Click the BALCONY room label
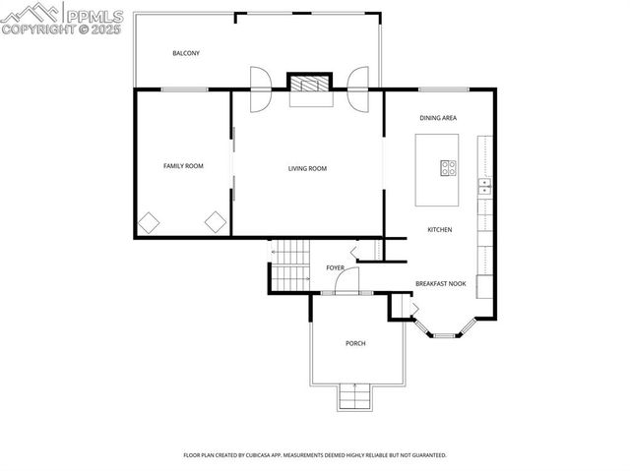click(x=186, y=53)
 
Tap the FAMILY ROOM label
click(x=183, y=166)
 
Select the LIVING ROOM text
click(x=307, y=168)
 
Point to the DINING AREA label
click(x=438, y=118)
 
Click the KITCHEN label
click(x=439, y=230)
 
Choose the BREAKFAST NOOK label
click(x=440, y=283)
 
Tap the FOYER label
click(x=335, y=267)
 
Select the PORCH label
click(x=355, y=343)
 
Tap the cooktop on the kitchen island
click(x=448, y=167)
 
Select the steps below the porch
click(x=355, y=397)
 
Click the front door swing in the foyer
click(x=346, y=282)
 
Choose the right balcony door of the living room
click(x=357, y=88)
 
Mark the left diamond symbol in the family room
click(x=148, y=222)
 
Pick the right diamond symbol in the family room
click(x=216, y=222)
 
